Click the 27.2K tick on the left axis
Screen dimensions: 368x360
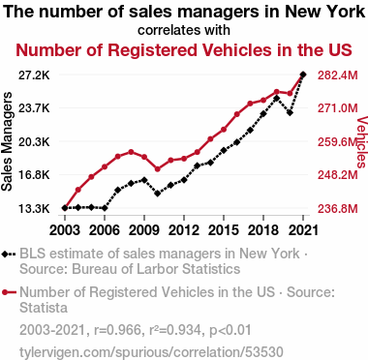click(x=34, y=75)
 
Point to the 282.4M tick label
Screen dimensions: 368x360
click(x=338, y=75)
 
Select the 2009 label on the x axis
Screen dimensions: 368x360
click(x=144, y=230)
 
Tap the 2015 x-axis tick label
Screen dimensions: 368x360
click(x=224, y=230)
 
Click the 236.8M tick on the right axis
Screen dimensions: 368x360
click(x=338, y=209)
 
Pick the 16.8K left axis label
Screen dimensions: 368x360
click(x=34, y=175)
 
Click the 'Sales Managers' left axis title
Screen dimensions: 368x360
click(x=7, y=141)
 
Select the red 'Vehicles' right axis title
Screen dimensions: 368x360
click(x=362, y=142)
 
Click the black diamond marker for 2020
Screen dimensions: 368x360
click(x=290, y=113)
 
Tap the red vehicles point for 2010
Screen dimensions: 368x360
click(x=158, y=169)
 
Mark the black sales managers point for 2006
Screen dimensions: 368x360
click(x=105, y=208)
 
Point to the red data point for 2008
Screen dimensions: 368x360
click(x=131, y=152)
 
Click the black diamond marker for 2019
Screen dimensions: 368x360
click(x=277, y=98)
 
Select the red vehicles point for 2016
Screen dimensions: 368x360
click(x=237, y=114)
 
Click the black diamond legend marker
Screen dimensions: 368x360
click(x=5, y=255)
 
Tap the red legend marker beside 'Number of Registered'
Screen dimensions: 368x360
click(x=5, y=292)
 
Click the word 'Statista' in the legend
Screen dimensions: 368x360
click(x=44, y=308)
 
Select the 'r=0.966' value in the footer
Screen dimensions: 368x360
click(x=117, y=330)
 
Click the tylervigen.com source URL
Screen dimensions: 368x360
click(x=151, y=352)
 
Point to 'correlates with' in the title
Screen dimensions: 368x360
click(x=184, y=30)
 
